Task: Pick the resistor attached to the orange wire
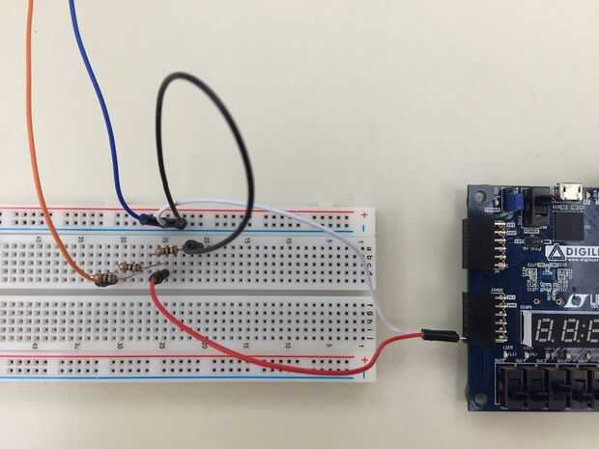(106, 280)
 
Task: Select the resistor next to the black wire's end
(166, 251)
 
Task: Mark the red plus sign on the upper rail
(363, 213)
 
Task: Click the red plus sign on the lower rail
(363, 359)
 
